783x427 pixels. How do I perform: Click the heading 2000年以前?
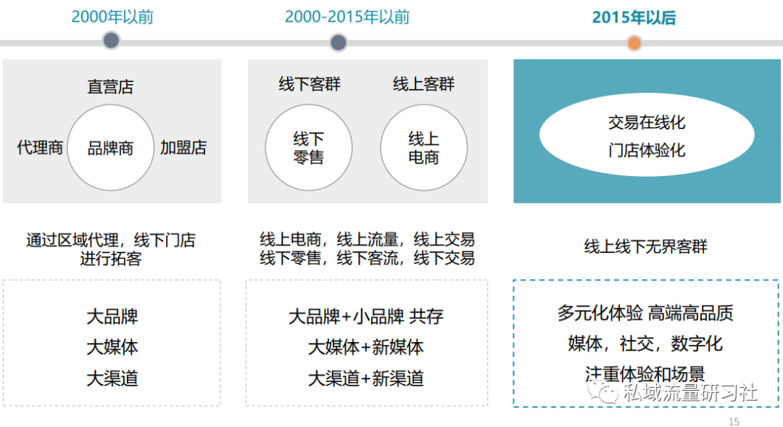112,17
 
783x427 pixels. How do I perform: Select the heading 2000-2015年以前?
347,17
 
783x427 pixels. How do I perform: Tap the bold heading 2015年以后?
634,17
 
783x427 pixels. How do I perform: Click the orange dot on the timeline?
634,43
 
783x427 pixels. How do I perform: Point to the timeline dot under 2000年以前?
111,41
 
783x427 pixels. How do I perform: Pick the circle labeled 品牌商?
110,147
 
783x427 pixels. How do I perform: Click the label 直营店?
110,86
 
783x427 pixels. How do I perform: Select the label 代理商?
40,147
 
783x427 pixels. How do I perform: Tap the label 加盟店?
183,147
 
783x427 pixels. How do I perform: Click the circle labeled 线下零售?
309,147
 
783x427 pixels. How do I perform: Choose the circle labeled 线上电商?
424,147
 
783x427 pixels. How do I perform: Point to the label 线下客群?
310,84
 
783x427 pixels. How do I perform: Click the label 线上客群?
423,84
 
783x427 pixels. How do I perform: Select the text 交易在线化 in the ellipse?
647,123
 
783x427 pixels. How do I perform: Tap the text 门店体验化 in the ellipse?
647,150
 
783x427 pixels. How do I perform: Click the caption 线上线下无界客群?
646,246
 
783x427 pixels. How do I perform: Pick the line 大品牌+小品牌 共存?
366,316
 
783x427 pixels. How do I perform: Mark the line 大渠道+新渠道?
366,378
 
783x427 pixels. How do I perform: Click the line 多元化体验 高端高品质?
645,313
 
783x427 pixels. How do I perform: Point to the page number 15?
734,421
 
